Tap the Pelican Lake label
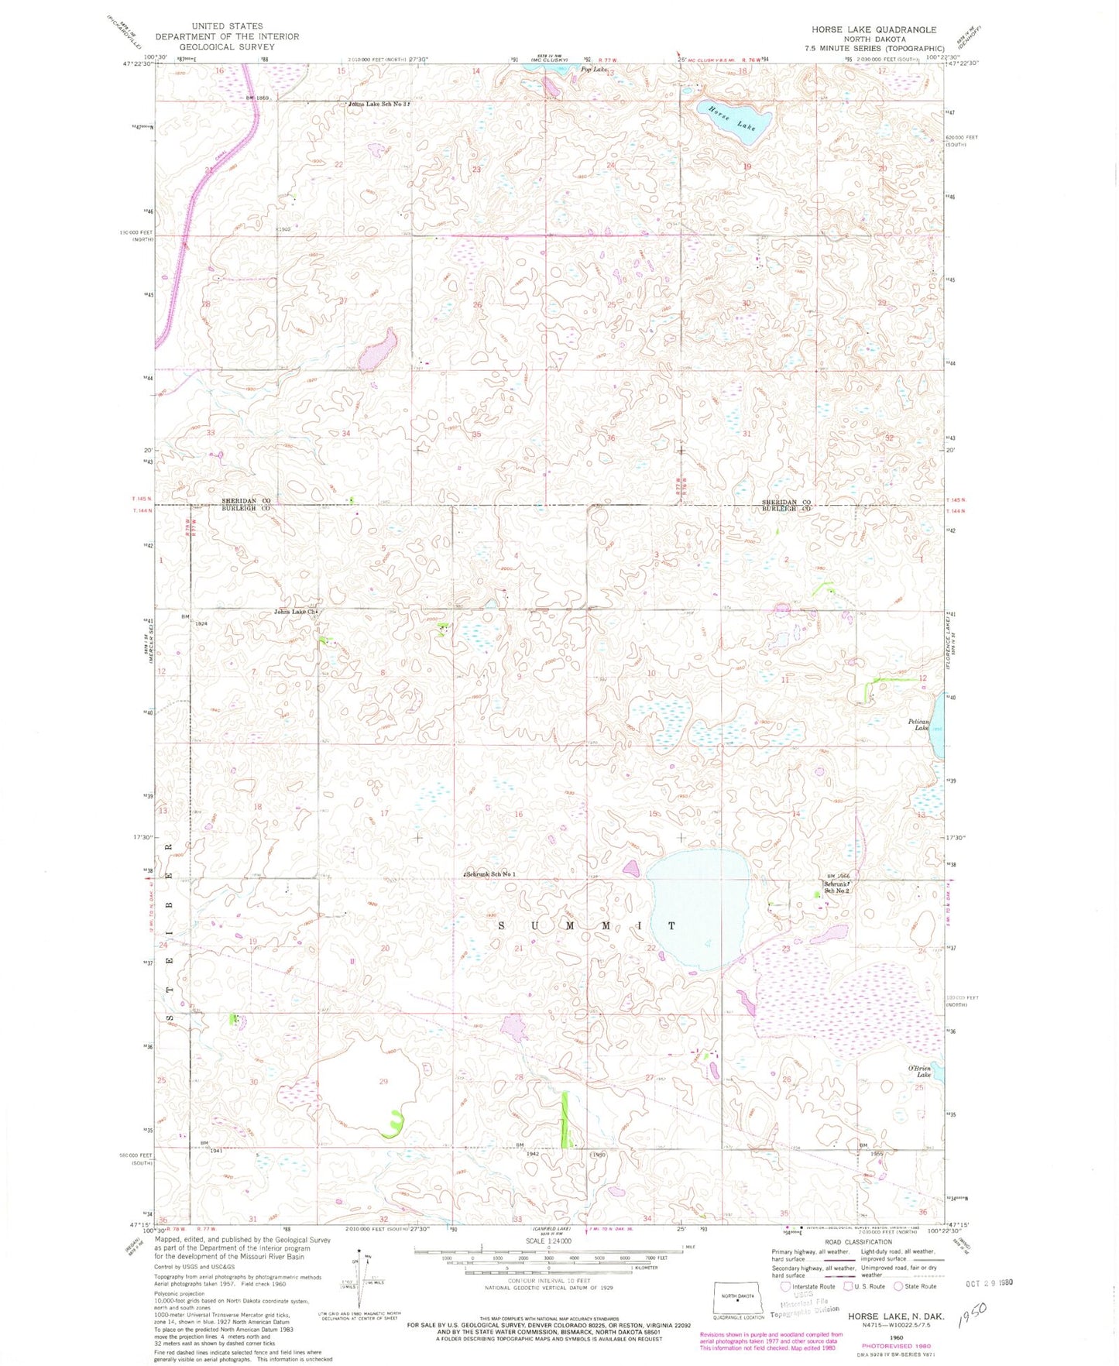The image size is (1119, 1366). tap(918, 724)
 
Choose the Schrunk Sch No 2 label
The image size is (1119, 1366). tap(836, 887)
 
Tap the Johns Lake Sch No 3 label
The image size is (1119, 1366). tap(377, 104)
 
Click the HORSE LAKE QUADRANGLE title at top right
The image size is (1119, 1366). tap(874, 29)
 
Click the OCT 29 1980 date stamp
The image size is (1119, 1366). tap(988, 1282)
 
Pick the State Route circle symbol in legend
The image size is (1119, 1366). tap(899, 1286)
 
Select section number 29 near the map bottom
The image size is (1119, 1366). tap(383, 1081)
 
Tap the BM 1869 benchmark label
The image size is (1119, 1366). tap(256, 98)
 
